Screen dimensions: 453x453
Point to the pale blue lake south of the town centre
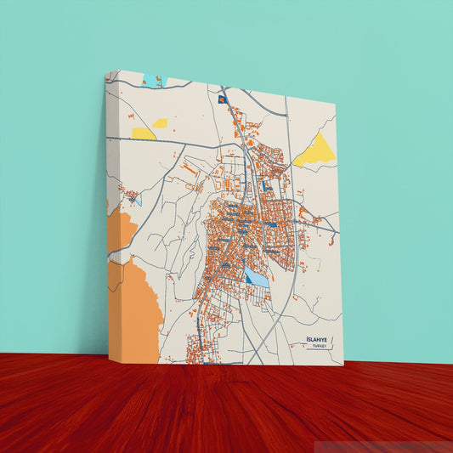click(257, 277)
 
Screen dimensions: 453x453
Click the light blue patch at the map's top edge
click(150, 81)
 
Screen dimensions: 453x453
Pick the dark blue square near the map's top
click(223, 99)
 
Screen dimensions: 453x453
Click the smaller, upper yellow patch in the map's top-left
click(160, 122)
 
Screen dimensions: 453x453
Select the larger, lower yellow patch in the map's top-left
click(144, 133)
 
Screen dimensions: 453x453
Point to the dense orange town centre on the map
click(242, 225)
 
